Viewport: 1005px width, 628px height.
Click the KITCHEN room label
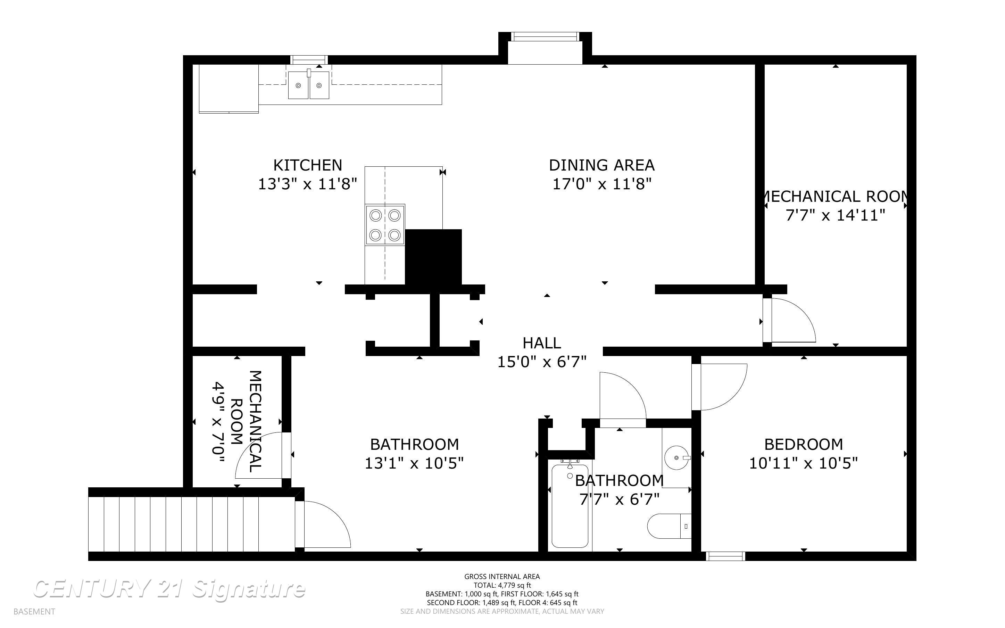coord(308,165)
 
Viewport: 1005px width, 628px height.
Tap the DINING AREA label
coord(601,165)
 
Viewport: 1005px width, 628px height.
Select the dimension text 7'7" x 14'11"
coord(835,215)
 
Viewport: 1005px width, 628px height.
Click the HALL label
coord(542,343)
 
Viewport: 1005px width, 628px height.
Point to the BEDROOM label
coord(803,444)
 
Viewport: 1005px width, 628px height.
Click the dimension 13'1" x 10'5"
coord(414,463)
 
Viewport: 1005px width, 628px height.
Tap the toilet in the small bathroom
coord(668,526)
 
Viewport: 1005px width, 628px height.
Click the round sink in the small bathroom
coord(676,457)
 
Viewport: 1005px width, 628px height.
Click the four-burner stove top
coord(385,225)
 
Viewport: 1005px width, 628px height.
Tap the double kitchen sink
coord(308,85)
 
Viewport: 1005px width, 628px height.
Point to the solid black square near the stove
coord(433,257)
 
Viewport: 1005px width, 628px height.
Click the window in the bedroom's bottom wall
coord(725,556)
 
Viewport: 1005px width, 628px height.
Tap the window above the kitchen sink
coord(309,60)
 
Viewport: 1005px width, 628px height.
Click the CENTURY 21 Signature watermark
coord(169,589)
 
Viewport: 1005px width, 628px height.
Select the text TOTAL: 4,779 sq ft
coord(502,585)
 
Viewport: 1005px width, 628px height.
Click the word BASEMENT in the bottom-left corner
coord(34,611)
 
